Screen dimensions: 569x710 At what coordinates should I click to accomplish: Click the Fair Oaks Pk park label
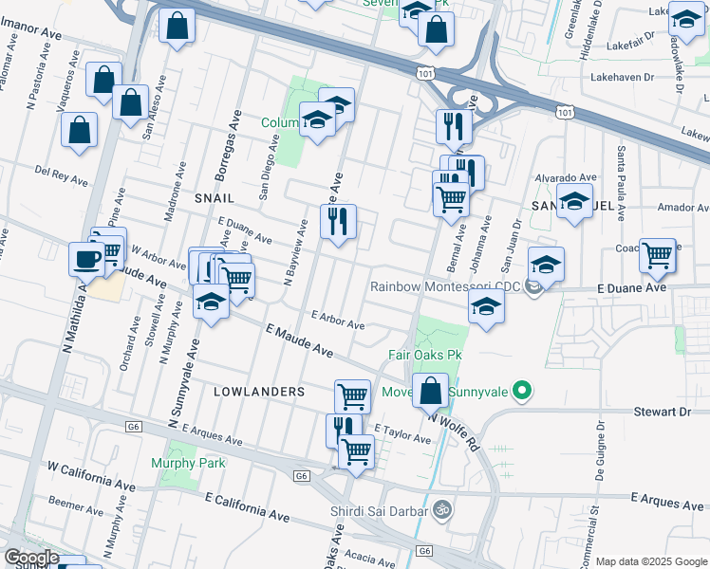424,356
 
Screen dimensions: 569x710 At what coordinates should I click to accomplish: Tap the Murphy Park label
188,463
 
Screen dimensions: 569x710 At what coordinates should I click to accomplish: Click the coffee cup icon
86,257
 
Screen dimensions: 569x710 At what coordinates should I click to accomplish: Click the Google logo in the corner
31,558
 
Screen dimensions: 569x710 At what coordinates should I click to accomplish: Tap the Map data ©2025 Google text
651,561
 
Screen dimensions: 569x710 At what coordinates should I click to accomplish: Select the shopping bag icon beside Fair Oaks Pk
431,389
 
